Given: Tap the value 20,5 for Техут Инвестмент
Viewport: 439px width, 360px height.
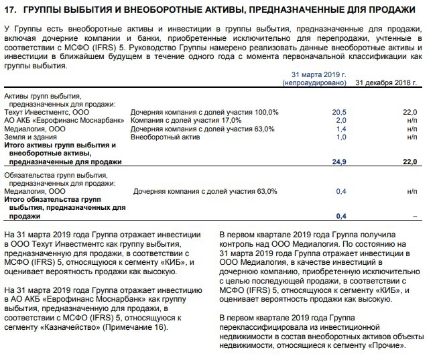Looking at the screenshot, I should tap(339, 112).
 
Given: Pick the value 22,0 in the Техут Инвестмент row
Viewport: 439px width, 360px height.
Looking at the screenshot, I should tap(410, 112).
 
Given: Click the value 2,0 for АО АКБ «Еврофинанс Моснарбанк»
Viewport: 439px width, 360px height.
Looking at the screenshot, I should tap(340, 120).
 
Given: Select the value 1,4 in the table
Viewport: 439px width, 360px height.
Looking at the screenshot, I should tap(340, 128).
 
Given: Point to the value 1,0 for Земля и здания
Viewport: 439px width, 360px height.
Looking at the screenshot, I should tap(340, 137).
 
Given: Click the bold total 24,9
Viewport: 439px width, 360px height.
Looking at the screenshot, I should tap(338, 162).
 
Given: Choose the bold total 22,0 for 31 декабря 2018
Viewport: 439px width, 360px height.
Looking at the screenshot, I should tap(410, 162).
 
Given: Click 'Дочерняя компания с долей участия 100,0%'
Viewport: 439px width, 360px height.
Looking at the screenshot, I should tap(204, 112).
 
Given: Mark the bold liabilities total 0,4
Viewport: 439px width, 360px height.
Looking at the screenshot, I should tap(340, 217).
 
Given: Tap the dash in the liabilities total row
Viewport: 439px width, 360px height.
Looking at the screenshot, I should tap(415, 217).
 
